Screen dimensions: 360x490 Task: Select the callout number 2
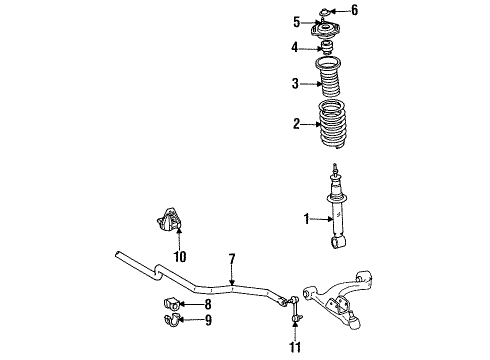296,126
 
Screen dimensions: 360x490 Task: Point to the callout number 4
296,47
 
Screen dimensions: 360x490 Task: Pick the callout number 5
297,22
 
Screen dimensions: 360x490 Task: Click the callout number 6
352,10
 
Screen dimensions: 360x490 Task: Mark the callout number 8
208,303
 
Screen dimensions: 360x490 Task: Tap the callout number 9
208,322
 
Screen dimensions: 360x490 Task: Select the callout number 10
180,256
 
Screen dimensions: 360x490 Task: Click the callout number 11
293,347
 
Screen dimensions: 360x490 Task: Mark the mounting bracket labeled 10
167,225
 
